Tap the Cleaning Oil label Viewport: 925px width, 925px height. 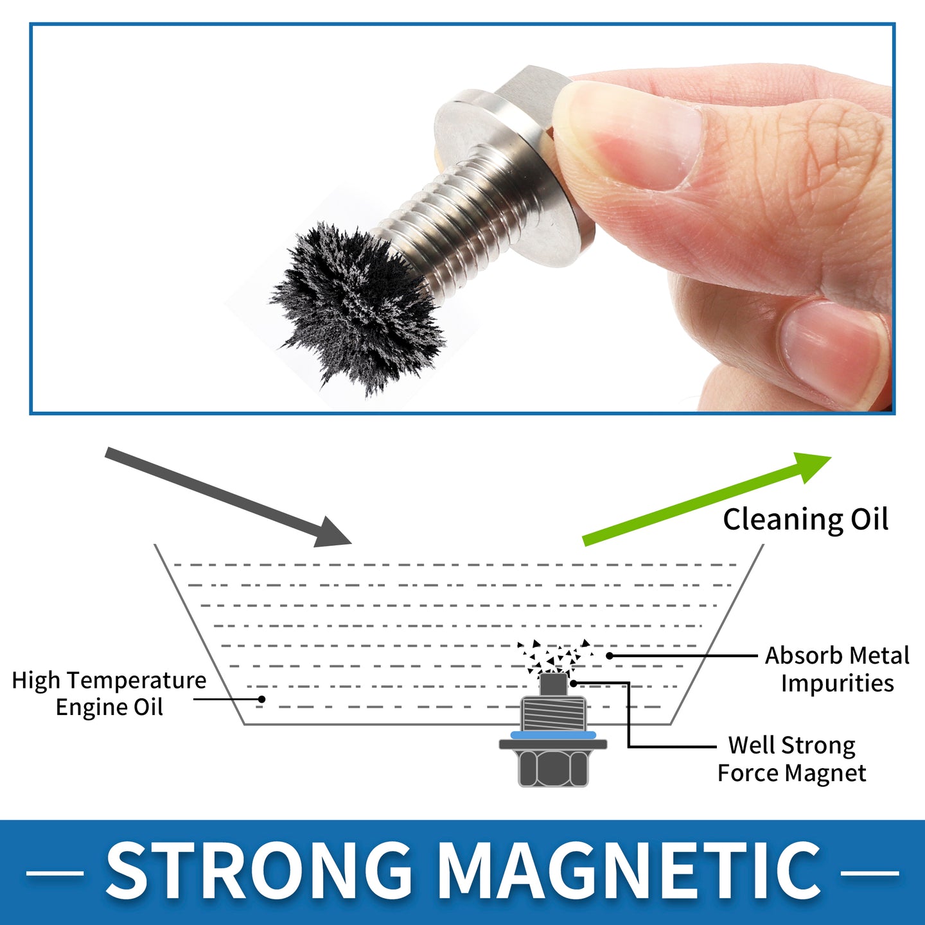click(806, 520)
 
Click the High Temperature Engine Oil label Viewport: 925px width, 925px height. click(109, 693)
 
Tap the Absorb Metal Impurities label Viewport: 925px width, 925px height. click(837, 669)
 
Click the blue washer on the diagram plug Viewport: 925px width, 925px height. click(554, 735)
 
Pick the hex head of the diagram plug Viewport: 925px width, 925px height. click(554, 768)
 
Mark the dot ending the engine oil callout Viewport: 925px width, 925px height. click(261, 700)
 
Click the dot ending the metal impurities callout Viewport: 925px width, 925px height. click(609, 655)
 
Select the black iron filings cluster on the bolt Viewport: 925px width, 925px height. click(358, 307)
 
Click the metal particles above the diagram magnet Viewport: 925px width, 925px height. click(555, 655)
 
